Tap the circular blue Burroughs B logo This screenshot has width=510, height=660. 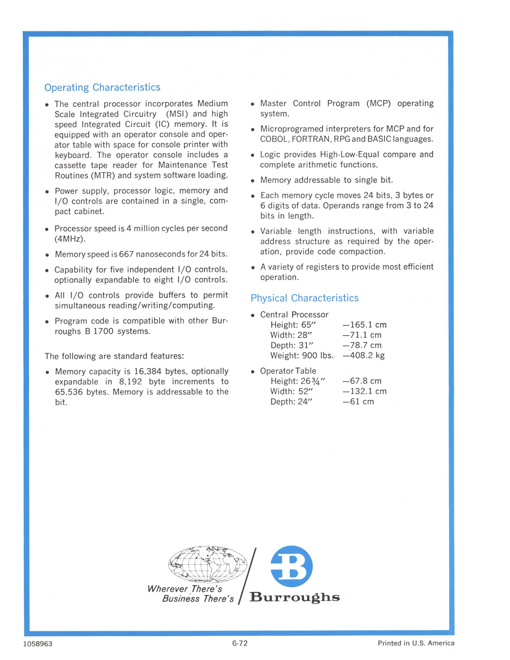pos(291,566)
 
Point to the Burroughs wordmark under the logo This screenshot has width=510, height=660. pos(294,598)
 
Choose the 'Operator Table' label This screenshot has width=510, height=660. pos(288,371)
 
